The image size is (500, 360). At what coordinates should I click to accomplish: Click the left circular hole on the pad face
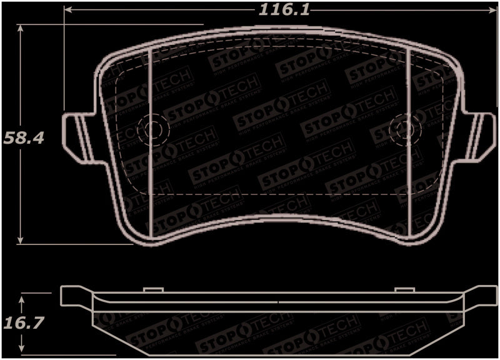(x=151, y=129)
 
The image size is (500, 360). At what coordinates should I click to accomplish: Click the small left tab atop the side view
(x=153, y=289)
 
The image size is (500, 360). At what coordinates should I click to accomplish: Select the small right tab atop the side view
(x=404, y=289)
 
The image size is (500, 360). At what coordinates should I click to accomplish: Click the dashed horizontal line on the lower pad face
(x=275, y=195)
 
